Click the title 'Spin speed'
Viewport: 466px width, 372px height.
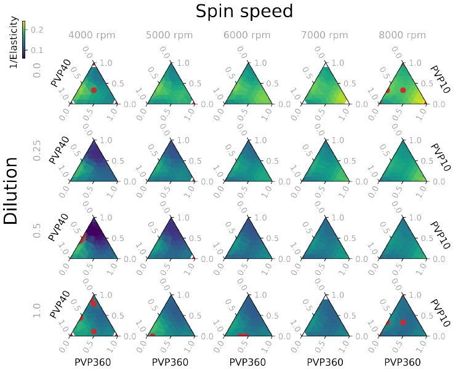244,11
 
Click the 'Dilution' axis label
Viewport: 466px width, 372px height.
10,191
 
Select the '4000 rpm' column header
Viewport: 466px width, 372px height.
93,36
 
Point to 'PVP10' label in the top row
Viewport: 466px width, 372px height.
440,79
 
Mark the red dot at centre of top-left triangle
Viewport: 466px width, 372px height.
94,90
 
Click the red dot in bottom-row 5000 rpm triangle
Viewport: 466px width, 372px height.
152,335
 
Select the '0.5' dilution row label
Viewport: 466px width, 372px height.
36,231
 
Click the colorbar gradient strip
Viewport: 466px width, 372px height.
23,39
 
